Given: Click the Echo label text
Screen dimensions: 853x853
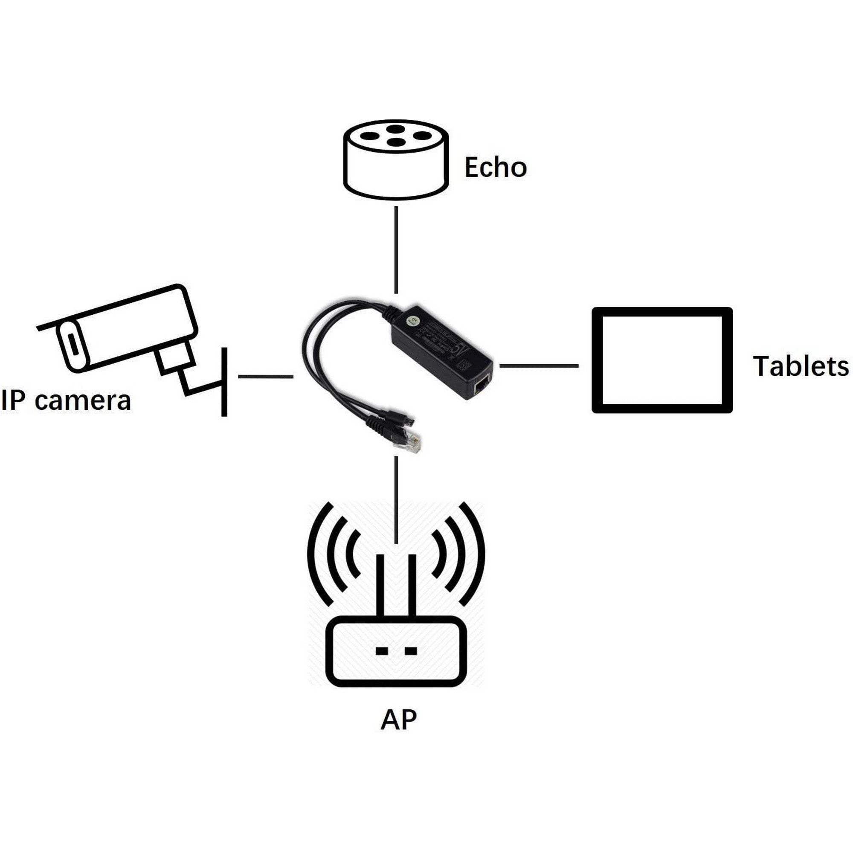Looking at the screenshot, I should coord(495,167).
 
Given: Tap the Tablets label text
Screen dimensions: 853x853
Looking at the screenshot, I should coord(801,366).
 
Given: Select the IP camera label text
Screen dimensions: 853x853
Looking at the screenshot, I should coord(66,400).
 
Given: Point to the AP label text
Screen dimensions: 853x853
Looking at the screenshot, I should coord(398,732).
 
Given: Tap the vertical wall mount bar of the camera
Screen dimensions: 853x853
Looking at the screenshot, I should coord(224,382).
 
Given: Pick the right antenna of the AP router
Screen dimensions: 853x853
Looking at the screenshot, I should coord(412,585).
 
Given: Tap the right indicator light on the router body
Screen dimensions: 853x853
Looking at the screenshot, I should coord(411,650).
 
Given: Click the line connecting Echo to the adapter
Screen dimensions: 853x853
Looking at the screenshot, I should coord(396,250).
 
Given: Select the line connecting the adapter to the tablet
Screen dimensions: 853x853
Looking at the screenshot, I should coord(539,366).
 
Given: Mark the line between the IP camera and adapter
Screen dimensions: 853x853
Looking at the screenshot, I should coord(265,377).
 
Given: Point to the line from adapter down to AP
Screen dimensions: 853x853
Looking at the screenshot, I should coord(396,499).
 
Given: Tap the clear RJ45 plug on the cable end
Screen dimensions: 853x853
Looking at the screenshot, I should coord(407,442).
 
